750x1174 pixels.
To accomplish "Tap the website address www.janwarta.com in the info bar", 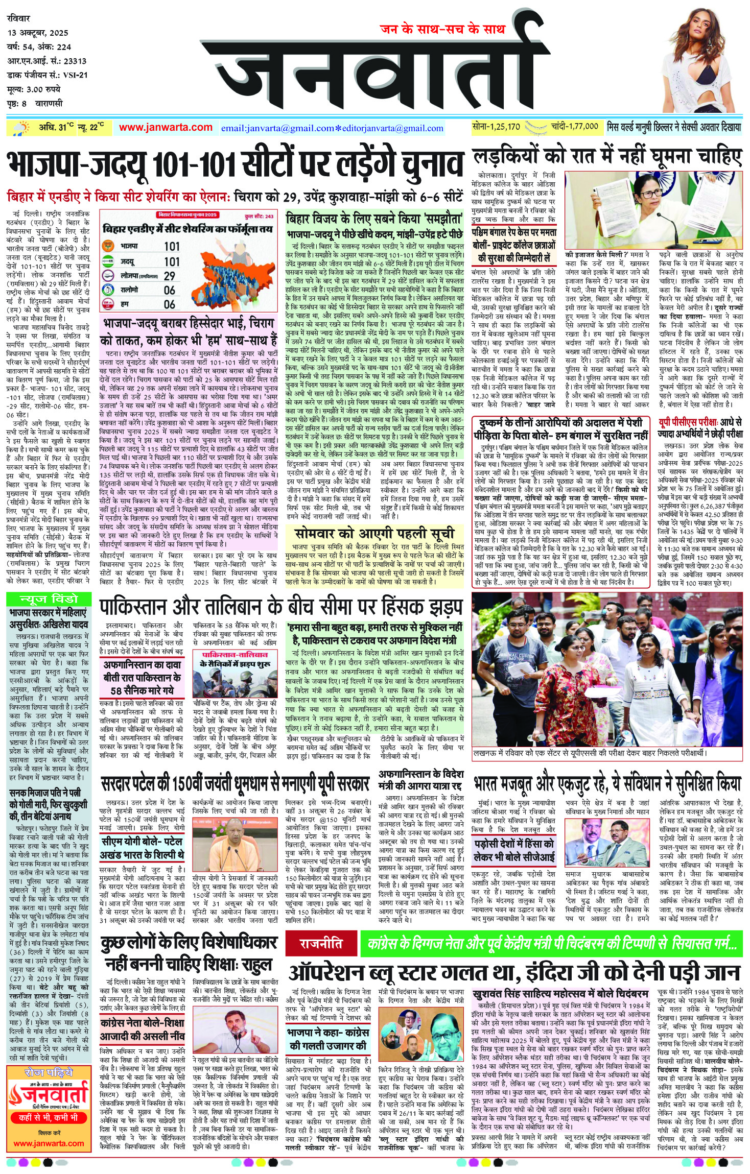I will point(166,127).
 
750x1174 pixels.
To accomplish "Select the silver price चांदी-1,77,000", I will point(574,127).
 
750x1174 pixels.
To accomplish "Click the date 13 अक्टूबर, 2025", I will point(38,33).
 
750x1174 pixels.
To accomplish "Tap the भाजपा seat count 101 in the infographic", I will point(172,246).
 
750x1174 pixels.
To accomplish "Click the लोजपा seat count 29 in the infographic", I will point(170,276).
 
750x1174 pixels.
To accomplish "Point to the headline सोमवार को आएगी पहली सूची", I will point(374,533).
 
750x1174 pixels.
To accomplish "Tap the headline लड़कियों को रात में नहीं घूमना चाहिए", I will point(606,157).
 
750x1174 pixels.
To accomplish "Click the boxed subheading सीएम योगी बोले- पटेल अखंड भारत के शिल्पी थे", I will point(142,848).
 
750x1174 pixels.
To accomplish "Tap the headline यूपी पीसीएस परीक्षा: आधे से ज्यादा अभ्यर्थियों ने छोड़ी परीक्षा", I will point(699,428).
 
